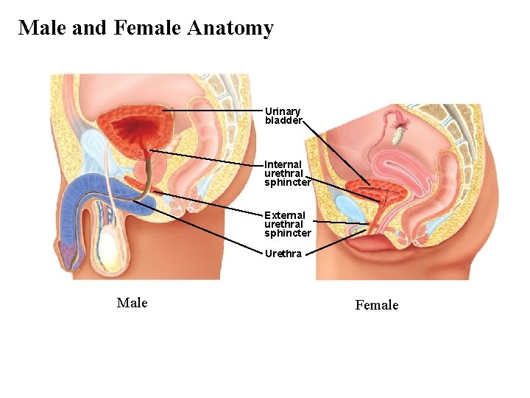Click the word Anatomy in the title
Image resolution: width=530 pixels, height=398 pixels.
230,29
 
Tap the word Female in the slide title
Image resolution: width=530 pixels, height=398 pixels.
147,29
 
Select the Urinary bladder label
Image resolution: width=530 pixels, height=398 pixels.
283,116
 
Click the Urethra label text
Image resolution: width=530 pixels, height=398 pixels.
283,254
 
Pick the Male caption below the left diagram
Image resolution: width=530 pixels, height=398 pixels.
132,303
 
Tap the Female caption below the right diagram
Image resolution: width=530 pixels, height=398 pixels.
377,305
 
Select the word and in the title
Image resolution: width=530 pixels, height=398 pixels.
90,29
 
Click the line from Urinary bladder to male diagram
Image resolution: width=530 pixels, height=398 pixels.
213,111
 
